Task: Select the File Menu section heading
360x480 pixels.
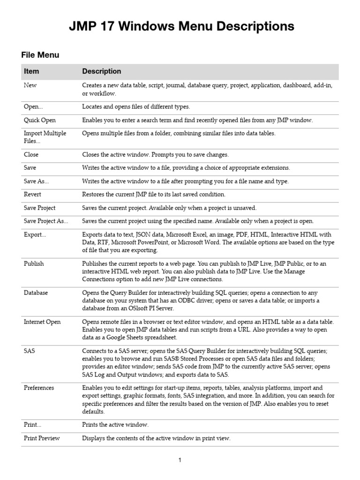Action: pyautogui.click(x=40, y=55)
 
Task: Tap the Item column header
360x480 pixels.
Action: pyautogui.click(x=31, y=71)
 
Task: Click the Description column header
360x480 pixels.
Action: pyautogui.click(x=101, y=71)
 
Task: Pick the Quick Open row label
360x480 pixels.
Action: pyautogui.click(x=40, y=120)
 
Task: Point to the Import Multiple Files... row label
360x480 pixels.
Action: pyautogui.click(x=45, y=137)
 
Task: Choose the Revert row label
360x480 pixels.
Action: pyautogui.click(x=32, y=194)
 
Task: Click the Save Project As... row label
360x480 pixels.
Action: pyautogui.click(x=46, y=221)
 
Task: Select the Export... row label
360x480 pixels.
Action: pyautogui.click(x=35, y=234)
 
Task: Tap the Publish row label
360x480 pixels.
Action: pyautogui.click(x=34, y=263)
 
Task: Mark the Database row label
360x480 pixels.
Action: pyautogui.click(x=36, y=292)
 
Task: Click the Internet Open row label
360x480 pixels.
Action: pyautogui.click(x=42, y=322)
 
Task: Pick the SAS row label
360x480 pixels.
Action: pyautogui.click(x=29, y=351)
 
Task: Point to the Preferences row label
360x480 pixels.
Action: pyautogui.click(x=39, y=388)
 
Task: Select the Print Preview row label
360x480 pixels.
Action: pyautogui.click(x=42, y=438)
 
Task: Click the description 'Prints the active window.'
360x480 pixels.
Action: pyautogui.click(x=115, y=425)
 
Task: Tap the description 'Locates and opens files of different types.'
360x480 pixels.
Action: pyautogui.click(x=136, y=107)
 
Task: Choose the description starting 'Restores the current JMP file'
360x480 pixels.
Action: pyautogui.click(x=154, y=194)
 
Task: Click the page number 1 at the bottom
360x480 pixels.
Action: pyautogui.click(x=180, y=460)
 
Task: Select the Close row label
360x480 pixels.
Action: pyautogui.click(x=31, y=154)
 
